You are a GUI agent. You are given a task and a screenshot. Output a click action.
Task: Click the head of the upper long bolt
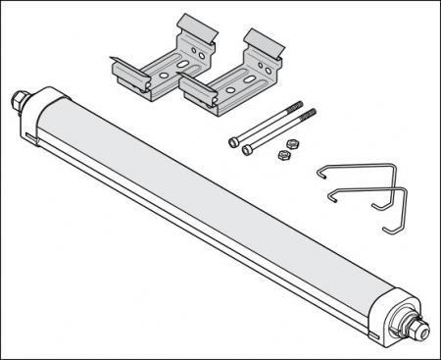click(233, 141)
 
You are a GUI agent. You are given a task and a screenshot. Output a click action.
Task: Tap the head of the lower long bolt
click(247, 149)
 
